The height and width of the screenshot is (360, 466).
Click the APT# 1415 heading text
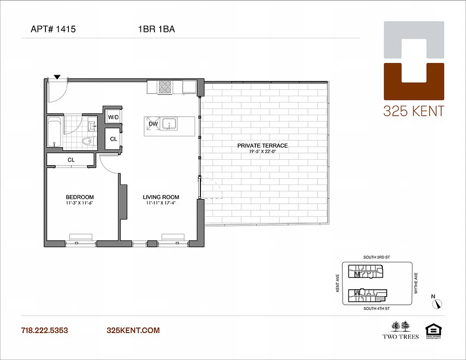[53, 30]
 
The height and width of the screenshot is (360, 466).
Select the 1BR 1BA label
[156, 30]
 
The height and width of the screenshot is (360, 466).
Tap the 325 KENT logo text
[413, 111]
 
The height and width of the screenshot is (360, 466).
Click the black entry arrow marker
[57, 77]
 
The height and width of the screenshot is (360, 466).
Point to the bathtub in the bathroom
[54, 132]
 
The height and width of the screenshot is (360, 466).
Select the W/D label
[113, 118]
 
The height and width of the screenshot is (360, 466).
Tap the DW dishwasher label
[153, 123]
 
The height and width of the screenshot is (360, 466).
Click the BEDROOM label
[80, 197]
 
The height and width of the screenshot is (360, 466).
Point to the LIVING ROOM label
[161, 197]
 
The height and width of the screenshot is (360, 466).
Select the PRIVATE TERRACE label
[262, 145]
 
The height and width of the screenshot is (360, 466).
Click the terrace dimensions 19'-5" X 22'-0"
[262, 152]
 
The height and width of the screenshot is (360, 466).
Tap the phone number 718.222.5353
[45, 330]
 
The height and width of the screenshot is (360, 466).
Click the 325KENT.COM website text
[133, 330]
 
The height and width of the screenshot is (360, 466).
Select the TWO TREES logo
[400, 330]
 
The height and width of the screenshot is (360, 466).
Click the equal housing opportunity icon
[434, 330]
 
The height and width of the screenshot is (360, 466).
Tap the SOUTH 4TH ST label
[376, 309]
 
